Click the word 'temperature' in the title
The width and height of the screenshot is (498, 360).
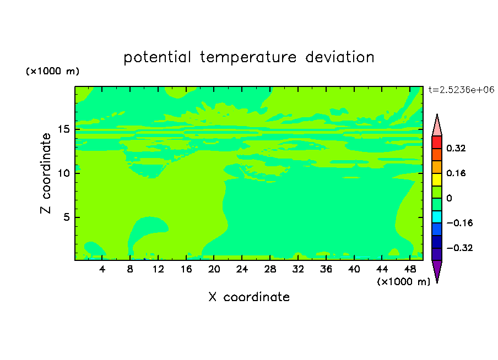(248, 57)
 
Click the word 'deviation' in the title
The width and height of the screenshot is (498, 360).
(340, 57)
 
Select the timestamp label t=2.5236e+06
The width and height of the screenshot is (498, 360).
(461, 90)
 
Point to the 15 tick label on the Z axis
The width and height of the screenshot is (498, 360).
(63, 129)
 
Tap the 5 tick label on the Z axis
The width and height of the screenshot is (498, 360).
(66, 217)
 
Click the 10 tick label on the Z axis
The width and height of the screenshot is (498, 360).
(63, 173)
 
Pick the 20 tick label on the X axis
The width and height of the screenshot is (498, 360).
(214, 269)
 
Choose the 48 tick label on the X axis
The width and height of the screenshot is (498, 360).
(410, 269)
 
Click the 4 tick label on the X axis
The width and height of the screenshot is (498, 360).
(102, 269)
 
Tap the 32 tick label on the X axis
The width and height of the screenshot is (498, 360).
(298, 269)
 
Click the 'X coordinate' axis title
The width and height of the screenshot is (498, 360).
(249, 297)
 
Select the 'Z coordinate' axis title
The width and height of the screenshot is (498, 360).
(46, 173)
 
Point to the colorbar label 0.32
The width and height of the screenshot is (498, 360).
(456, 148)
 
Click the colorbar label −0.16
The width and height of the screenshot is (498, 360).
(459, 223)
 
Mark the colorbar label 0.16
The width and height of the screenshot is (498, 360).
(456, 173)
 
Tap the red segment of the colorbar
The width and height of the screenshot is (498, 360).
(437, 142)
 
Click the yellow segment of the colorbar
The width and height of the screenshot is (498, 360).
(437, 179)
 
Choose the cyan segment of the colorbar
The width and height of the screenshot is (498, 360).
(437, 217)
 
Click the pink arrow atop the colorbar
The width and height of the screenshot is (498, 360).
(437, 125)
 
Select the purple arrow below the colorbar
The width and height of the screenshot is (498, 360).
(437, 271)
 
